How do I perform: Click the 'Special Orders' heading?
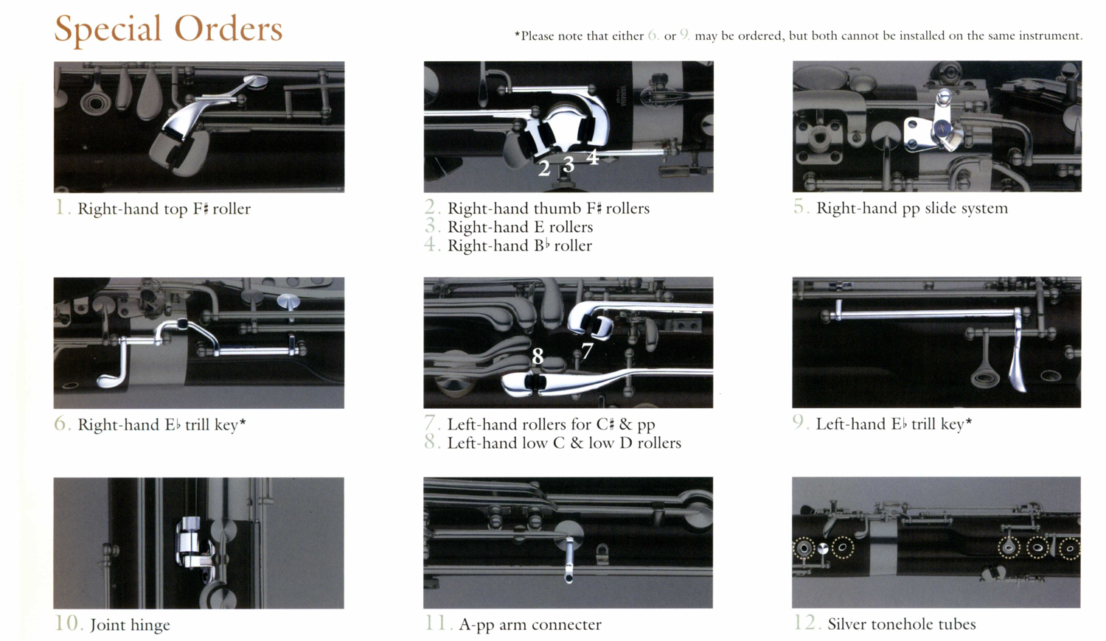[x=168, y=29]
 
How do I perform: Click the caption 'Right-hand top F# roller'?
[x=164, y=209]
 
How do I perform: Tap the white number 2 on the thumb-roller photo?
[x=544, y=168]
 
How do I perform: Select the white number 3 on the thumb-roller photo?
[x=568, y=164]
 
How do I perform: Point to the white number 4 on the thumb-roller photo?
[x=593, y=157]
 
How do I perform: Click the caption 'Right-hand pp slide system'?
[x=912, y=209]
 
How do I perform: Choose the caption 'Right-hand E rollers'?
[x=520, y=227]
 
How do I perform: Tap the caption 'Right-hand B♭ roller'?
[x=519, y=245]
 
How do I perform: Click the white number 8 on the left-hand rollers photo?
[x=538, y=356]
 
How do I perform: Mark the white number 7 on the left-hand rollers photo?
[x=587, y=351]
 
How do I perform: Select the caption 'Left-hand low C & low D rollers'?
[x=564, y=443]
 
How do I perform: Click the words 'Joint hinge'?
[x=130, y=626]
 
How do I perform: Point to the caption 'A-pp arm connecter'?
[x=530, y=625]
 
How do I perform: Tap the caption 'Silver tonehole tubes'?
[x=902, y=624]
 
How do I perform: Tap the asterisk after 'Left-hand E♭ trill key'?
[x=969, y=421]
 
